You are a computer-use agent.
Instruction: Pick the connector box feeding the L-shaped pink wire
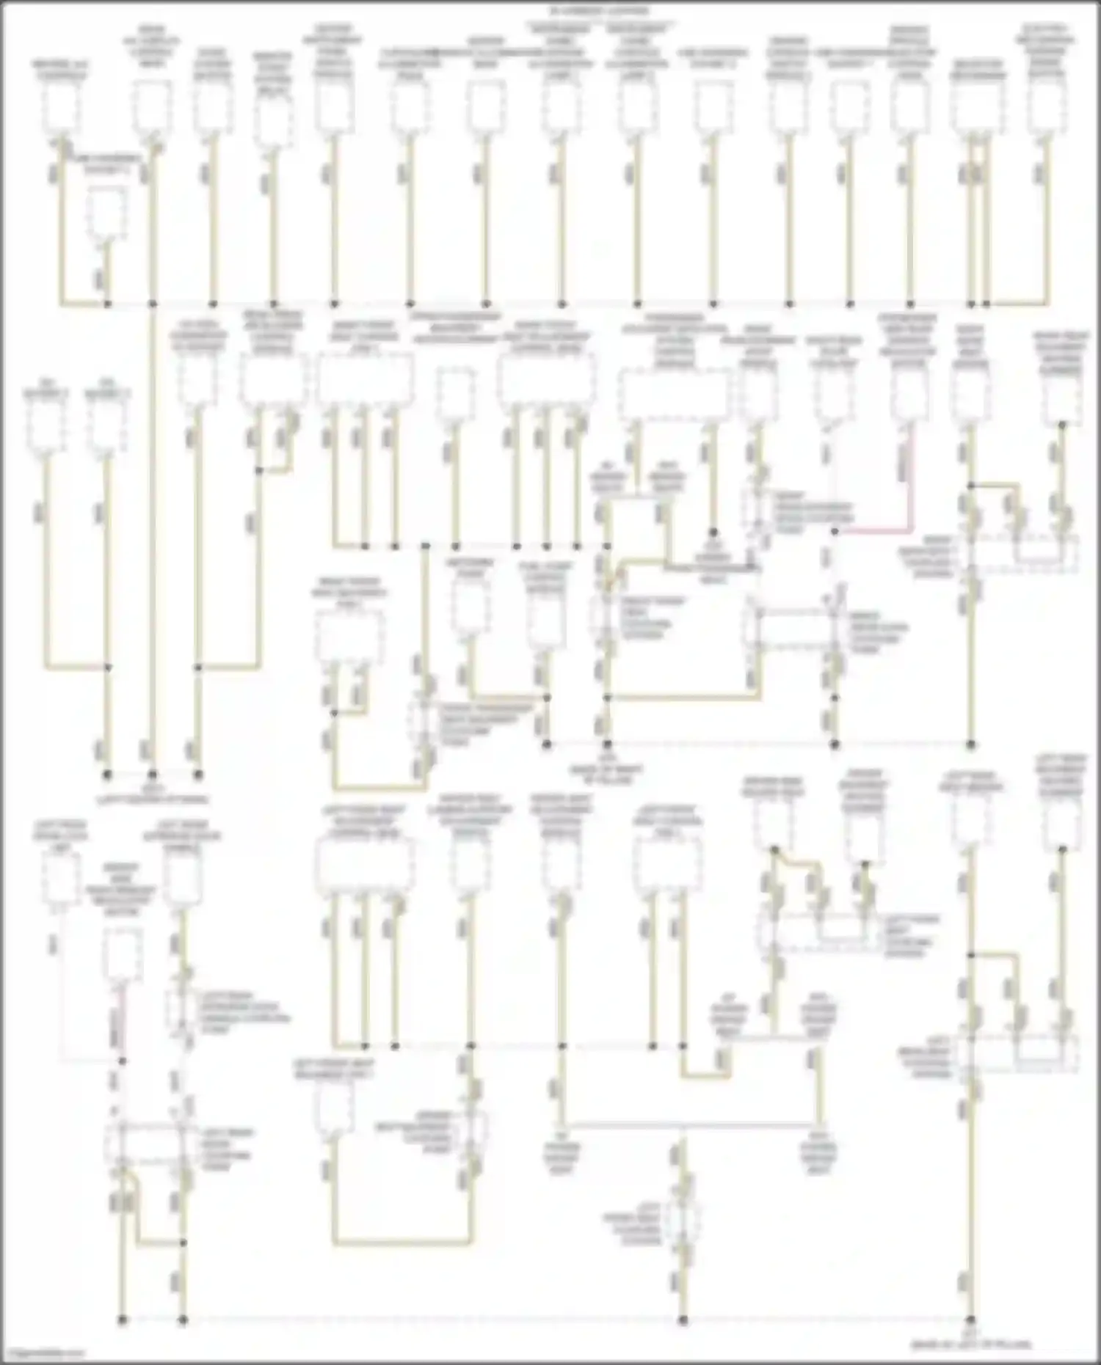[909, 397]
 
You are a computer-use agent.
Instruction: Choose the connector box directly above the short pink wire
[123, 953]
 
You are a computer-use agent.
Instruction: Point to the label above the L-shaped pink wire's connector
[909, 337]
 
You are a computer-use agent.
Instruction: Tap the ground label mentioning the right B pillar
[606, 763]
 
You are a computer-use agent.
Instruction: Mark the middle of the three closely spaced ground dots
[153, 774]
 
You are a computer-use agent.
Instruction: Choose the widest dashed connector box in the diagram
[674, 397]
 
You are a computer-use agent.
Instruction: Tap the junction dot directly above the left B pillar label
[970, 1319]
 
